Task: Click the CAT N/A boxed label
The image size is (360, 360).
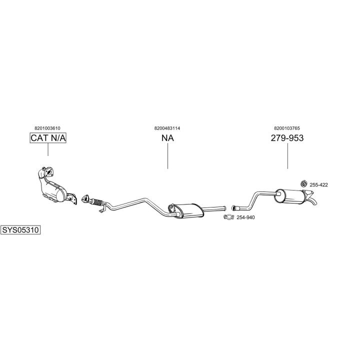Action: point(48,138)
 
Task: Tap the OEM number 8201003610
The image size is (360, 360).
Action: point(47,128)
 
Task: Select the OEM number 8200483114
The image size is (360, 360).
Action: point(167,128)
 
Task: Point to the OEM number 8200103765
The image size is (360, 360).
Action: point(287,128)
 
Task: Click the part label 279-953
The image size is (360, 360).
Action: point(287,138)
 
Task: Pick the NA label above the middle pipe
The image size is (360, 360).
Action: point(167,138)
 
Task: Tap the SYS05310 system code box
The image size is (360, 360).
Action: point(20,230)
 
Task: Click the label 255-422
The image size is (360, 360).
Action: point(318,185)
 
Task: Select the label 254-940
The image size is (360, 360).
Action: point(245,217)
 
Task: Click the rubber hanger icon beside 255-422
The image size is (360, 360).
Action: point(304,183)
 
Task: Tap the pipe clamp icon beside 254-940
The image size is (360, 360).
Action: point(228,217)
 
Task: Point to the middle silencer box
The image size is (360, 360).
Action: point(188,210)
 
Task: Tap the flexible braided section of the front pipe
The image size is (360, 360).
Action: point(97,202)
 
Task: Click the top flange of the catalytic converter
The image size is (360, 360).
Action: point(48,172)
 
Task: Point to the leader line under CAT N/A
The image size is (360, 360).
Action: point(48,149)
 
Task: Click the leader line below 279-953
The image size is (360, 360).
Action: point(287,156)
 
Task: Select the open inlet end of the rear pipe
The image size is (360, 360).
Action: point(233,208)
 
